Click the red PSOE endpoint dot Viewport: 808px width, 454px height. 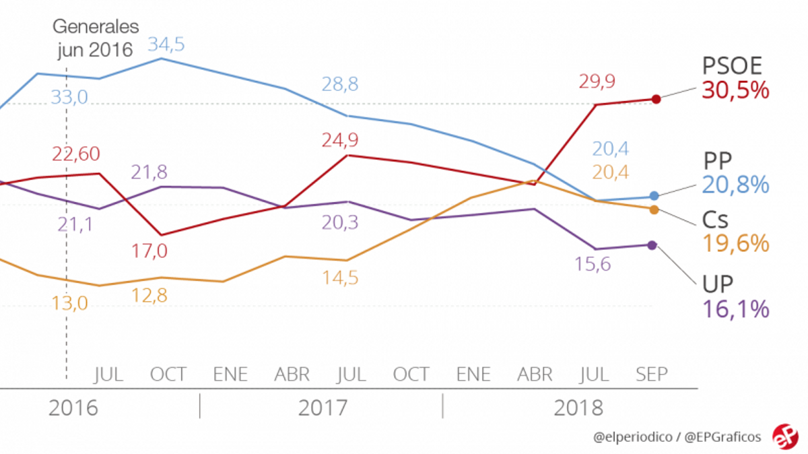point(656,99)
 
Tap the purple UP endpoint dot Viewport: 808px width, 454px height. point(652,245)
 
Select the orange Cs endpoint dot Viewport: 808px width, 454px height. point(654,209)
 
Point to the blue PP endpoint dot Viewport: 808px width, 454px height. point(654,196)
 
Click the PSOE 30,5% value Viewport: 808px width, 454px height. point(735,90)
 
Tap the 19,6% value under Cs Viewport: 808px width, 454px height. point(735,244)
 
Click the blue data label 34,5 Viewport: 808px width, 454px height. point(166,45)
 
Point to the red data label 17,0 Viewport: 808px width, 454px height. point(149,251)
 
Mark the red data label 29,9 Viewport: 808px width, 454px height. point(597,82)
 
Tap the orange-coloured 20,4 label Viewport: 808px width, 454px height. point(611,172)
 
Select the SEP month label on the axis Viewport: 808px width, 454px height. point(652,374)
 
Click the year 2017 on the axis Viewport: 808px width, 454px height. point(323,408)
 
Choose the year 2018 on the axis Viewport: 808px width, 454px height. point(578,408)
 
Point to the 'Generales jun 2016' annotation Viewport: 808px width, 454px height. point(96,39)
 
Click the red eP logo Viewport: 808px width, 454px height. point(784,436)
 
